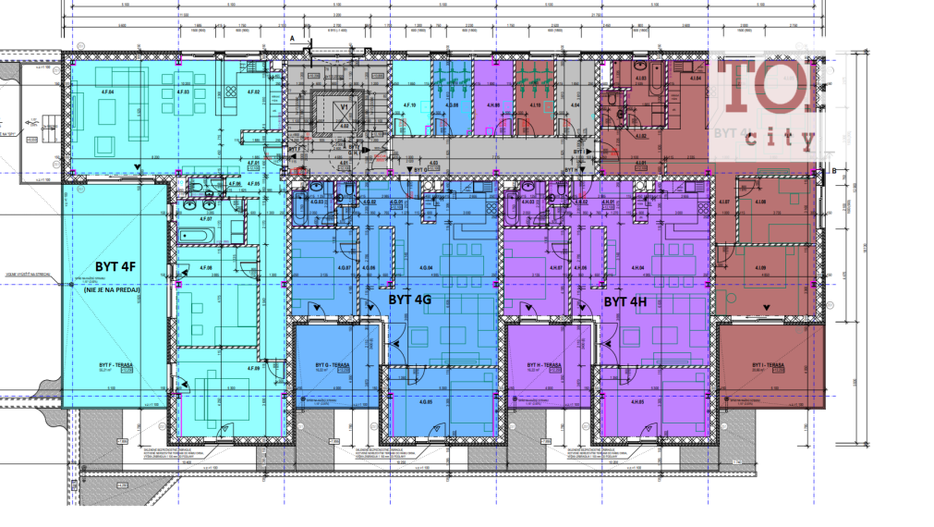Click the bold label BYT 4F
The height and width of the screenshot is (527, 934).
[115, 267]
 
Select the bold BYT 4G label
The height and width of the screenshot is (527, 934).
[409, 300]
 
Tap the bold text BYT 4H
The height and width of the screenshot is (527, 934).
[626, 301]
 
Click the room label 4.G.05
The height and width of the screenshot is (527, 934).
[426, 401]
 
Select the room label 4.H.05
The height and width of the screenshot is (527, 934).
[637, 401]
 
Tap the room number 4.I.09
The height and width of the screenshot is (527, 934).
[759, 269]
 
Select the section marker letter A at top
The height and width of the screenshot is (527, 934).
[293, 37]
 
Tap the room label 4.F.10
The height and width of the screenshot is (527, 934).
[410, 105]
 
